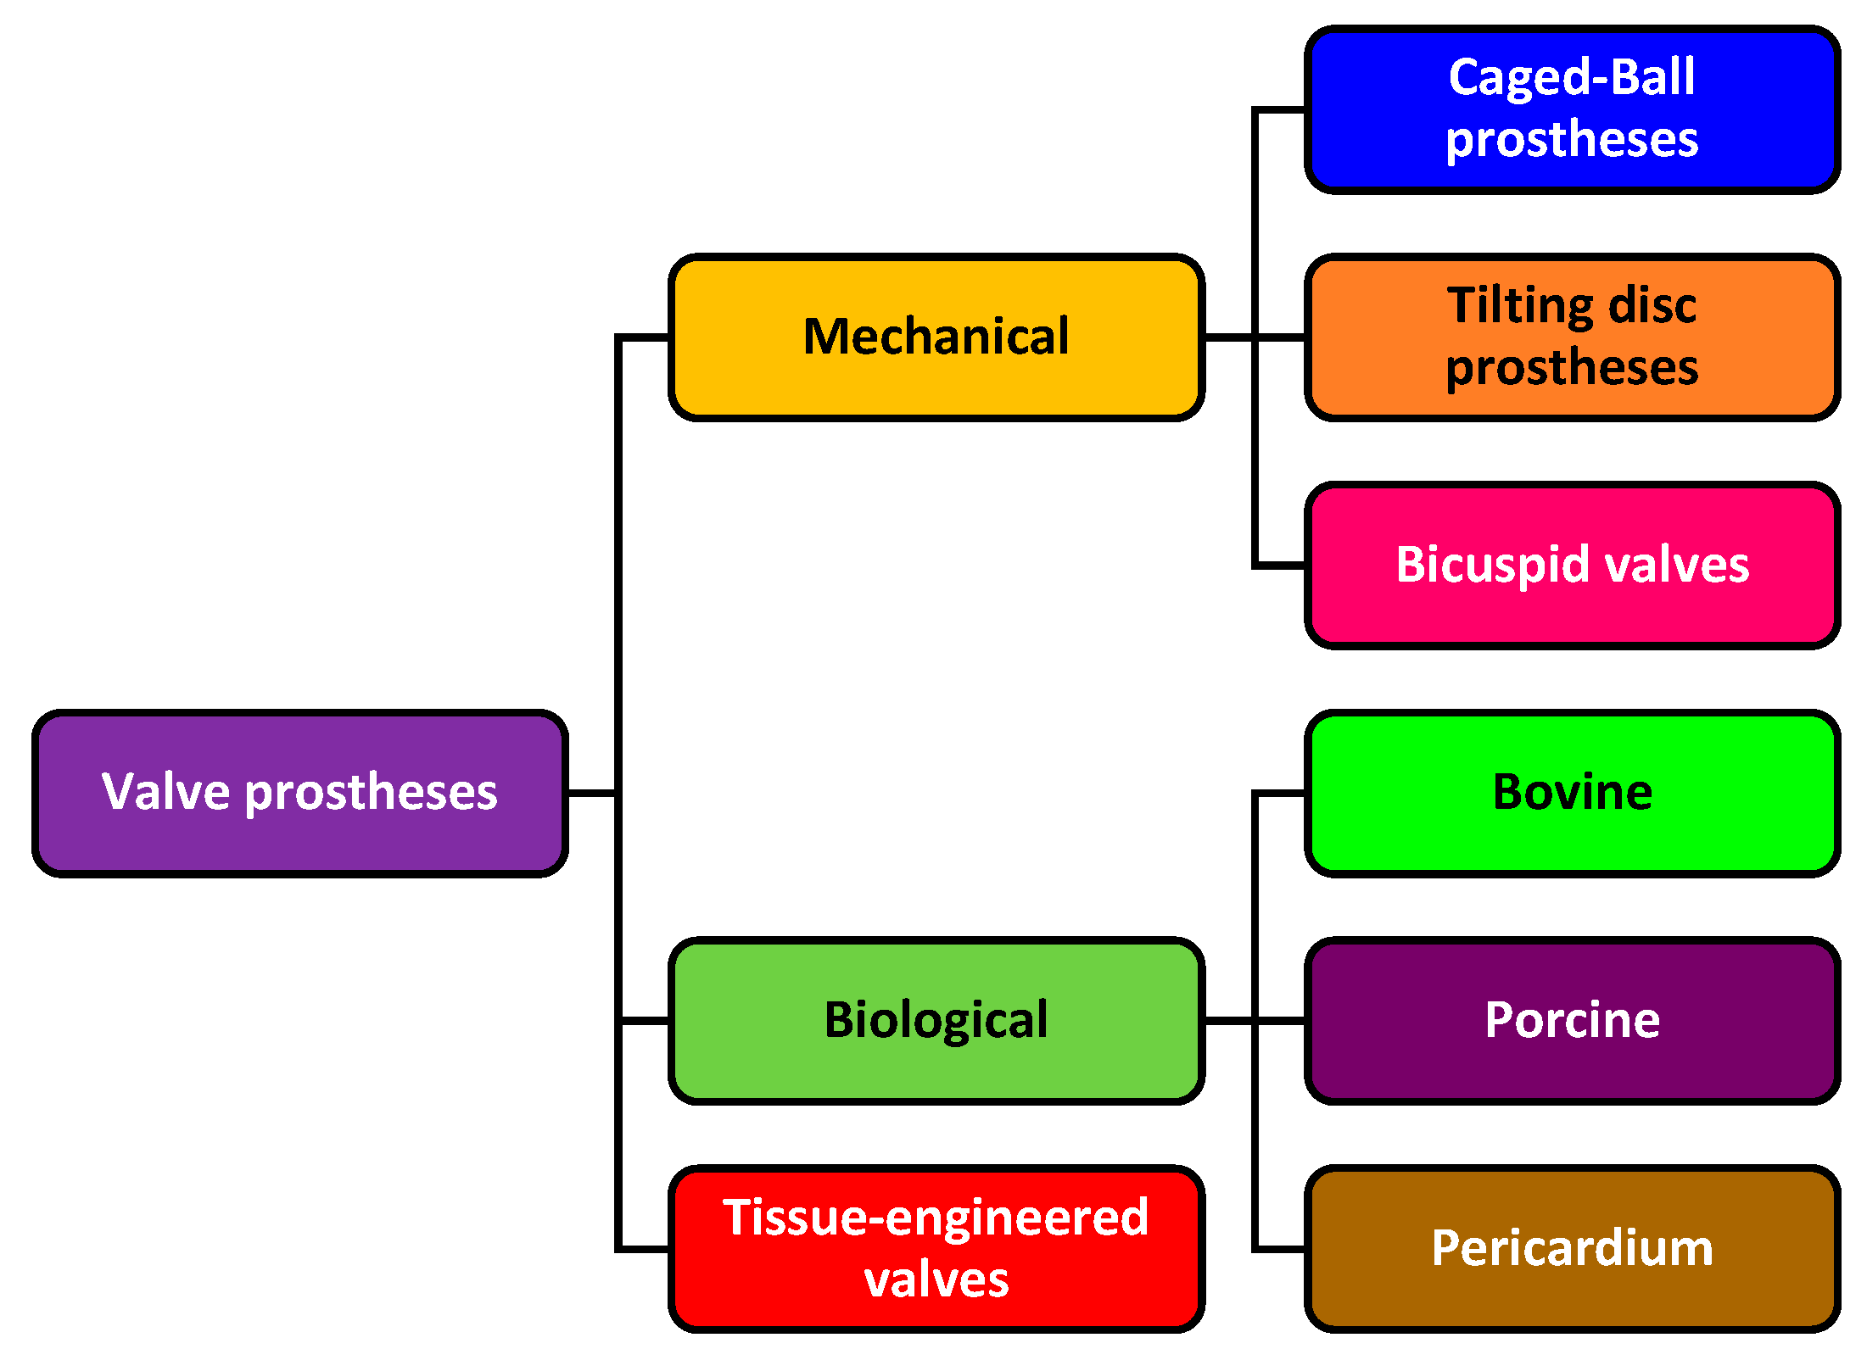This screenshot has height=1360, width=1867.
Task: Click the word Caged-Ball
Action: point(1571,78)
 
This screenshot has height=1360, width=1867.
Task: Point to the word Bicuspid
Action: point(1480,566)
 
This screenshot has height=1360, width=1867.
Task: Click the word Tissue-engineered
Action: point(936,1218)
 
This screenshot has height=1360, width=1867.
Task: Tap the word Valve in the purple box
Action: point(165,792)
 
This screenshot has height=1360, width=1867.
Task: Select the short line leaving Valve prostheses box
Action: point(591,794)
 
